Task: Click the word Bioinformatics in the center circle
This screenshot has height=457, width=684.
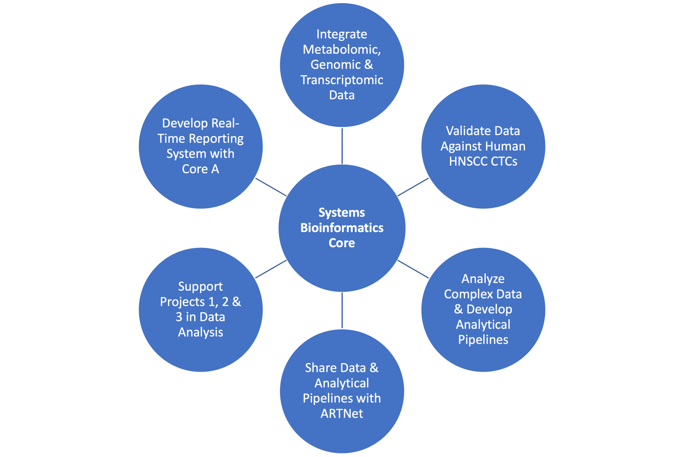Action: [342, 228]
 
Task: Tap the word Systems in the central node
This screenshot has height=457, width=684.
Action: [342, 213]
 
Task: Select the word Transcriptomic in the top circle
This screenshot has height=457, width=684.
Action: [342, 80]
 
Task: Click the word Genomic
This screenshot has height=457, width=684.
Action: [335, 64]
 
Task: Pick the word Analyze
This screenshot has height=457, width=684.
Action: [483, 279]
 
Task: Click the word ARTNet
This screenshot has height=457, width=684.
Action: [342, 414]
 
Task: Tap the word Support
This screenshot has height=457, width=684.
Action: [200, 287]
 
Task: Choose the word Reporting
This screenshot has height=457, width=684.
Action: [216, 139]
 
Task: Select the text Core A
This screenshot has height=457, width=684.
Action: [200, 169]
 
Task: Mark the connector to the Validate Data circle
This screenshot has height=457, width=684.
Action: [413, 187]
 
